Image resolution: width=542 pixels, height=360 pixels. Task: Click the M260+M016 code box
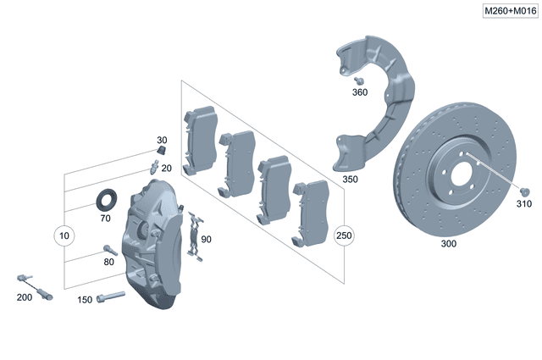(511, 11)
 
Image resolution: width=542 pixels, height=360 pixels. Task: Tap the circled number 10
(64, 235)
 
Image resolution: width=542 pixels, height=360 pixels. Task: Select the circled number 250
(344, 235)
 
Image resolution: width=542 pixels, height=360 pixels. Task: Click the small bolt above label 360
(359, 81)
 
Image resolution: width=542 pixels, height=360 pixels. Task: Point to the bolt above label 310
(525, 192)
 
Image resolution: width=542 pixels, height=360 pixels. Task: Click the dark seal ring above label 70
(106, 200)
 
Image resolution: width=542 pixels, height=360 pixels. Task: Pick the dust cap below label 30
(162, 151)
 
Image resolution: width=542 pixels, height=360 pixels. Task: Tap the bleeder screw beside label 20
(154, 166)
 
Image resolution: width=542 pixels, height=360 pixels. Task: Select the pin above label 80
(111, 250)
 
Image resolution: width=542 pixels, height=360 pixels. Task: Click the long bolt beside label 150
(111, 296)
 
